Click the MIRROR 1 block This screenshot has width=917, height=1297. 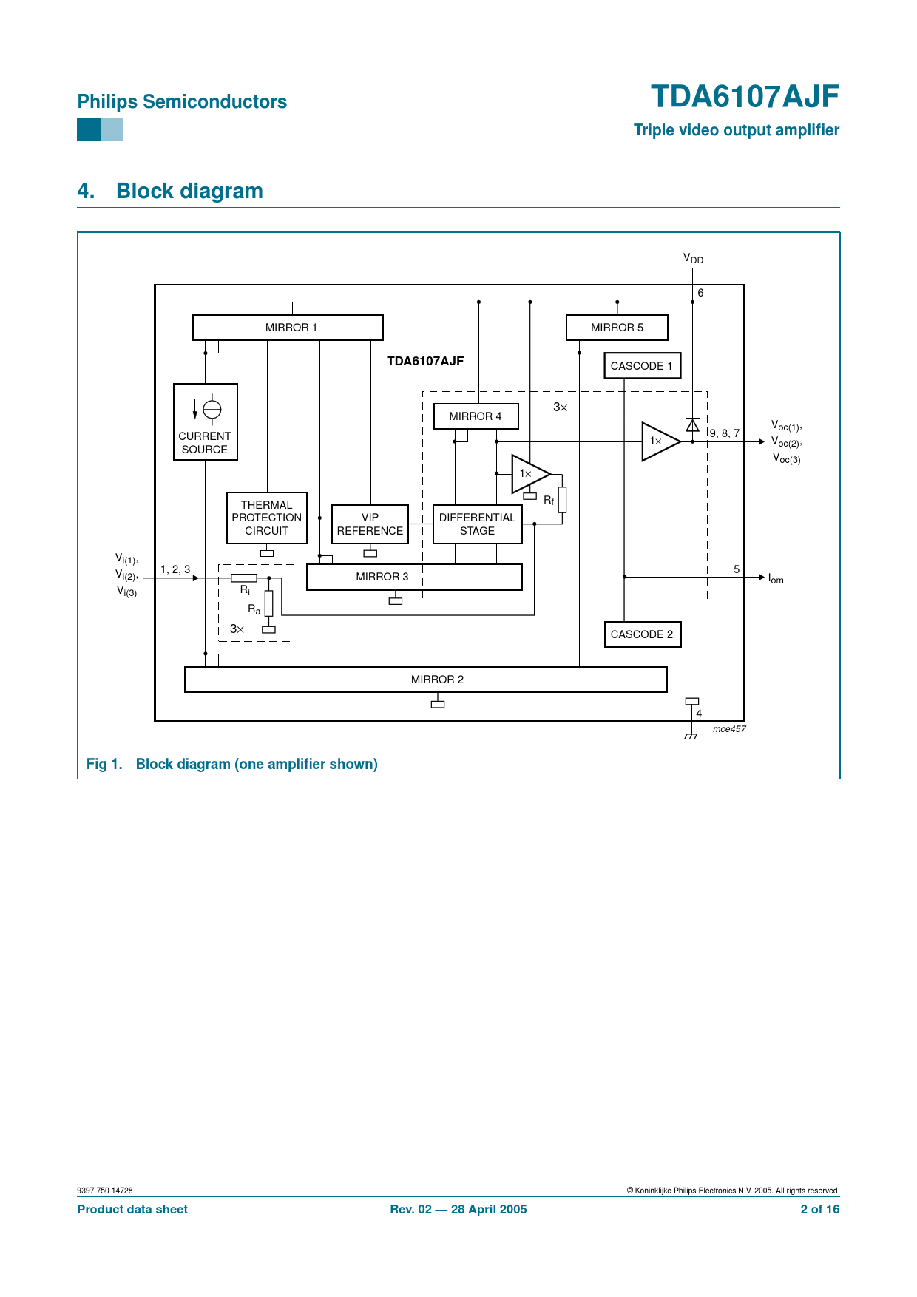point(288,328)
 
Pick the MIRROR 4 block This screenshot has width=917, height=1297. point(476,416)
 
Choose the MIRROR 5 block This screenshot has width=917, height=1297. point(617,328)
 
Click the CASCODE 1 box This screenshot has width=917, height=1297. point(642,366)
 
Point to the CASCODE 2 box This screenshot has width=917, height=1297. point(642,634)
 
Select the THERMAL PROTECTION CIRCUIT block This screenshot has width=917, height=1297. point(267,518)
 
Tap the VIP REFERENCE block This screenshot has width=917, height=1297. point(370,524)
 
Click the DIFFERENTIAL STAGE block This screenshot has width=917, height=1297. point(477,524)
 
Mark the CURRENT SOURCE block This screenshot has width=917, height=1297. point(206,421)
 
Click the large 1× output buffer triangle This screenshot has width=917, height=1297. point(658,441)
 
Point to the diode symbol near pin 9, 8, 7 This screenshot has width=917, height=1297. point(692,425)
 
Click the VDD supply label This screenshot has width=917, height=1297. point(693,259)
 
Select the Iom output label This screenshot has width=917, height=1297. point(776,578)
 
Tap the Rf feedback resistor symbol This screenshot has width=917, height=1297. point(562,499)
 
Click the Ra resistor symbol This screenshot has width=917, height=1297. point(268,603)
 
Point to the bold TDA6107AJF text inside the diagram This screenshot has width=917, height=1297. point(425,361)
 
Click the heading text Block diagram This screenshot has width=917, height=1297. point(189,191)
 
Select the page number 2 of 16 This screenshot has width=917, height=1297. point(819,1209)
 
